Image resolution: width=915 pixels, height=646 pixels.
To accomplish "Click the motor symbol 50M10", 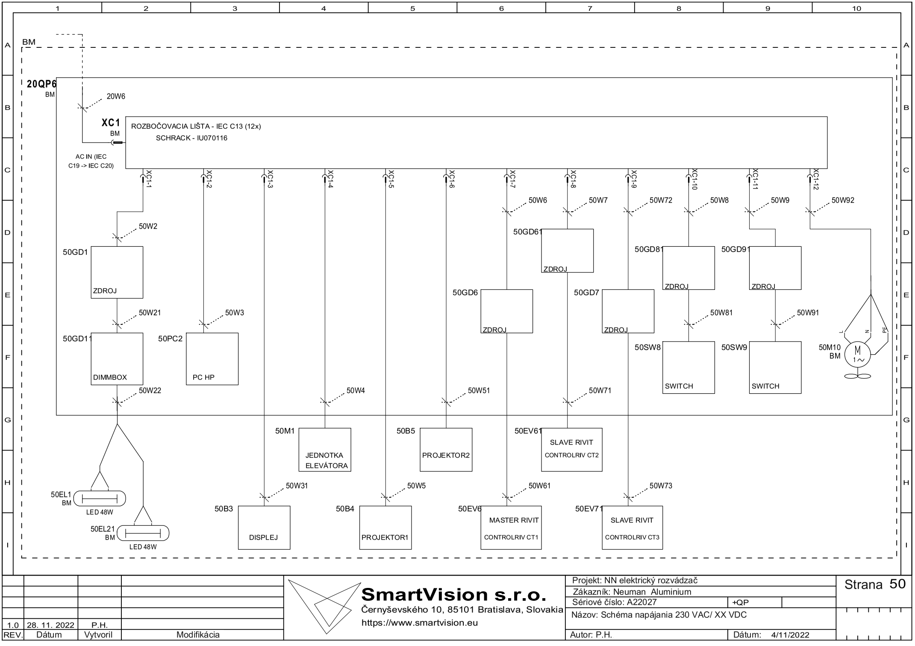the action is [x=857, y=354].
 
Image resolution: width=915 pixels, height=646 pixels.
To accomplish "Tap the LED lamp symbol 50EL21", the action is [x=143, y=533].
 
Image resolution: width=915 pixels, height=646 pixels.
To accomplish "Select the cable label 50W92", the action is [x=843, y=200].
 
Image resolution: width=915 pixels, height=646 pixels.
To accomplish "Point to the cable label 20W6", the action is [x=116, y=96].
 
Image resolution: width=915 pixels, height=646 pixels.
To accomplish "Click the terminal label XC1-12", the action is [x=815, y=180].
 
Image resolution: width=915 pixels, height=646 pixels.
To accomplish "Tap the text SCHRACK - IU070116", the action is [x=191, y=138].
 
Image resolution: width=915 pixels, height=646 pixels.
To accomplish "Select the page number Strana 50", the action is [x=875, y=584].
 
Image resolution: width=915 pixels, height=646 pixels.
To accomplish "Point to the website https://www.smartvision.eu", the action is [x=420, y=623].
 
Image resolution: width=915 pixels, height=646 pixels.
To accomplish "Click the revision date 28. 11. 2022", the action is [x=50, y=625].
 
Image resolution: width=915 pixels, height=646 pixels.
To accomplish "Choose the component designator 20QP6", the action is [x=41, y=84].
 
